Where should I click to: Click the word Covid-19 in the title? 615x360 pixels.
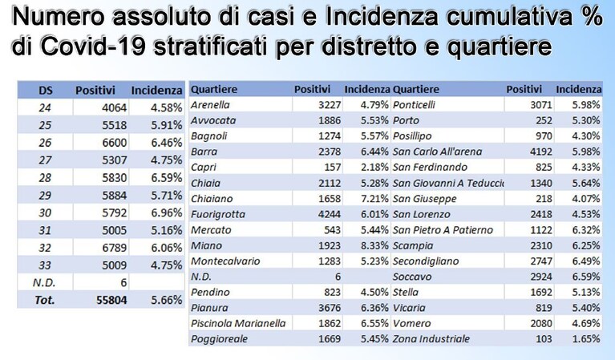point(93,47)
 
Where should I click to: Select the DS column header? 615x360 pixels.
point(46,91)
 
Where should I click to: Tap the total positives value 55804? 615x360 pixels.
point(111,301)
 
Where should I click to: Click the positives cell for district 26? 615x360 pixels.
point(115,143)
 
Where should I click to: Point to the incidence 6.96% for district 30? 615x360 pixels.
point(167,213)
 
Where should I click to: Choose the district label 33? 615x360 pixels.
point(45,265)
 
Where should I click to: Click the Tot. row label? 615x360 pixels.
point(44,301)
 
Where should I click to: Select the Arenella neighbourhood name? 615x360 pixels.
point(210,105)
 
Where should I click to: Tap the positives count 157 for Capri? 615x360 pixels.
point(333,168)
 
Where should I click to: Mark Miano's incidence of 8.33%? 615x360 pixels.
point(374,245)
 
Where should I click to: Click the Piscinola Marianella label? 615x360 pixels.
point(238,324)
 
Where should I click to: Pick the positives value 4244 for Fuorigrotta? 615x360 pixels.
point(330,215)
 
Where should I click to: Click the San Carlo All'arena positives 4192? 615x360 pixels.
point(541,152)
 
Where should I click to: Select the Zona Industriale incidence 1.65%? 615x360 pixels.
point(585,339)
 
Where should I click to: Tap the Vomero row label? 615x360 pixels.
point(412,324)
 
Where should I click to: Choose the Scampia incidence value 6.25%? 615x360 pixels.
point(585,245)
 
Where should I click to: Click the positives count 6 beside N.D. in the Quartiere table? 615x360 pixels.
point(338,277)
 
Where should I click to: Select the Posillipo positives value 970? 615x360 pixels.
point(544,136)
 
